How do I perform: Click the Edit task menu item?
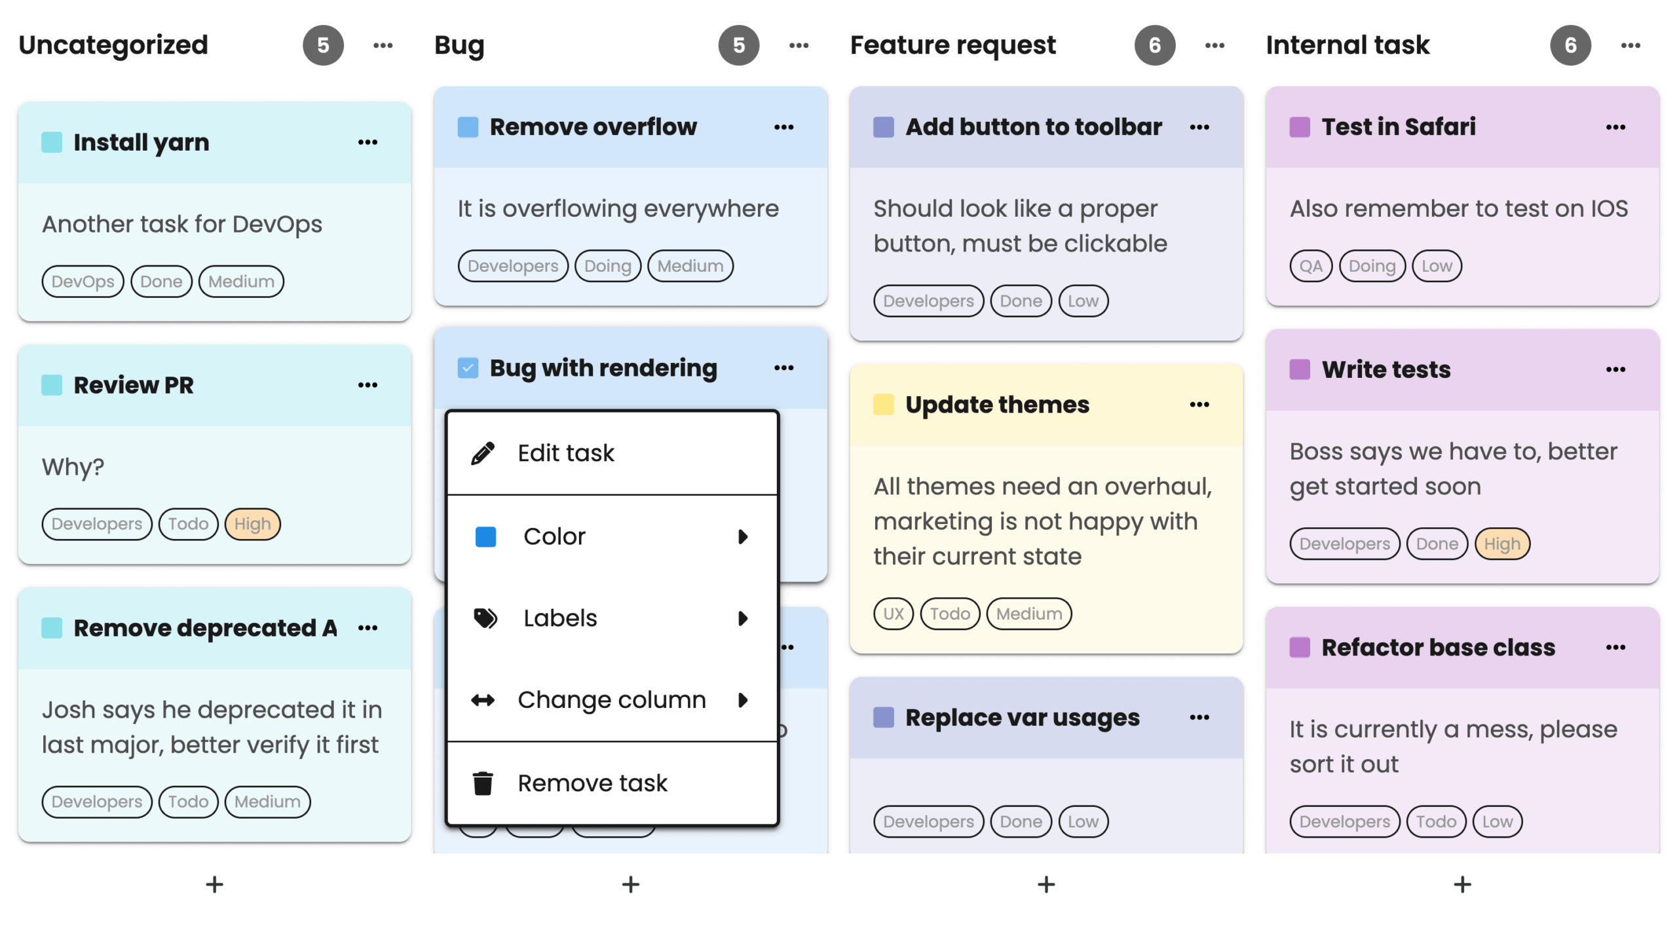coord(565,453)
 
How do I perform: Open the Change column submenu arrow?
coord(742,700)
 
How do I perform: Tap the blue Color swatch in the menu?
coord(485,537)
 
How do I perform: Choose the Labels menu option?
coord(559,618)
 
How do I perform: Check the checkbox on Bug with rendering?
coord(467,368)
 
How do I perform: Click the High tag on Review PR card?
coord(252,525)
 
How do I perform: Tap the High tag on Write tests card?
coord(1501,544)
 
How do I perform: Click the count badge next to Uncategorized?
coord(323,45)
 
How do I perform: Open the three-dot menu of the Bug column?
coord(799,45)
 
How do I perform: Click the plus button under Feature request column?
coord(1046,885)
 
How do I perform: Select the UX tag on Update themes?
coord(893,614)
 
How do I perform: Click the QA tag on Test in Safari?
coord(1310,267)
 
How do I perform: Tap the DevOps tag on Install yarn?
coord(83,282)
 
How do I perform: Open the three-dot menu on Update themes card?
coord(1199,405)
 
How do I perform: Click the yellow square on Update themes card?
coord(883,405)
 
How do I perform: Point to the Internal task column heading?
coord(1347,45)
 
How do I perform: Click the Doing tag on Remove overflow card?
coord(607,267)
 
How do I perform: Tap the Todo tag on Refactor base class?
coord(1435,822)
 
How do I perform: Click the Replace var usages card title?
coord(1022,718)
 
